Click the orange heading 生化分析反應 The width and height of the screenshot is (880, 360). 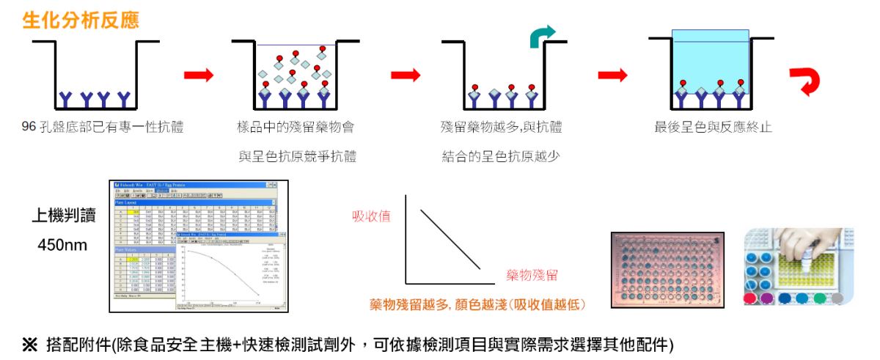pos(81,20)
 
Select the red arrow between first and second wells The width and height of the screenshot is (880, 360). pos(198,75)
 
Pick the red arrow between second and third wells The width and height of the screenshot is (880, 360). pos(406,75)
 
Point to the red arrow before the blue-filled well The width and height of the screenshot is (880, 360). pos(613,75)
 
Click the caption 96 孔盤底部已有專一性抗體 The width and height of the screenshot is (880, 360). pos(103,128)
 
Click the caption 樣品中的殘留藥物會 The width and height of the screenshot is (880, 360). pos(296,128)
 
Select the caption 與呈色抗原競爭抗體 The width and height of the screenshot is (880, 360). pos(297,156)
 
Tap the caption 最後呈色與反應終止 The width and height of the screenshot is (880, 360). pos(713,128)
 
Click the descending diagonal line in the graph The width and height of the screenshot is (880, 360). pos(450,239)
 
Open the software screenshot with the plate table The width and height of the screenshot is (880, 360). pos(199,246)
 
